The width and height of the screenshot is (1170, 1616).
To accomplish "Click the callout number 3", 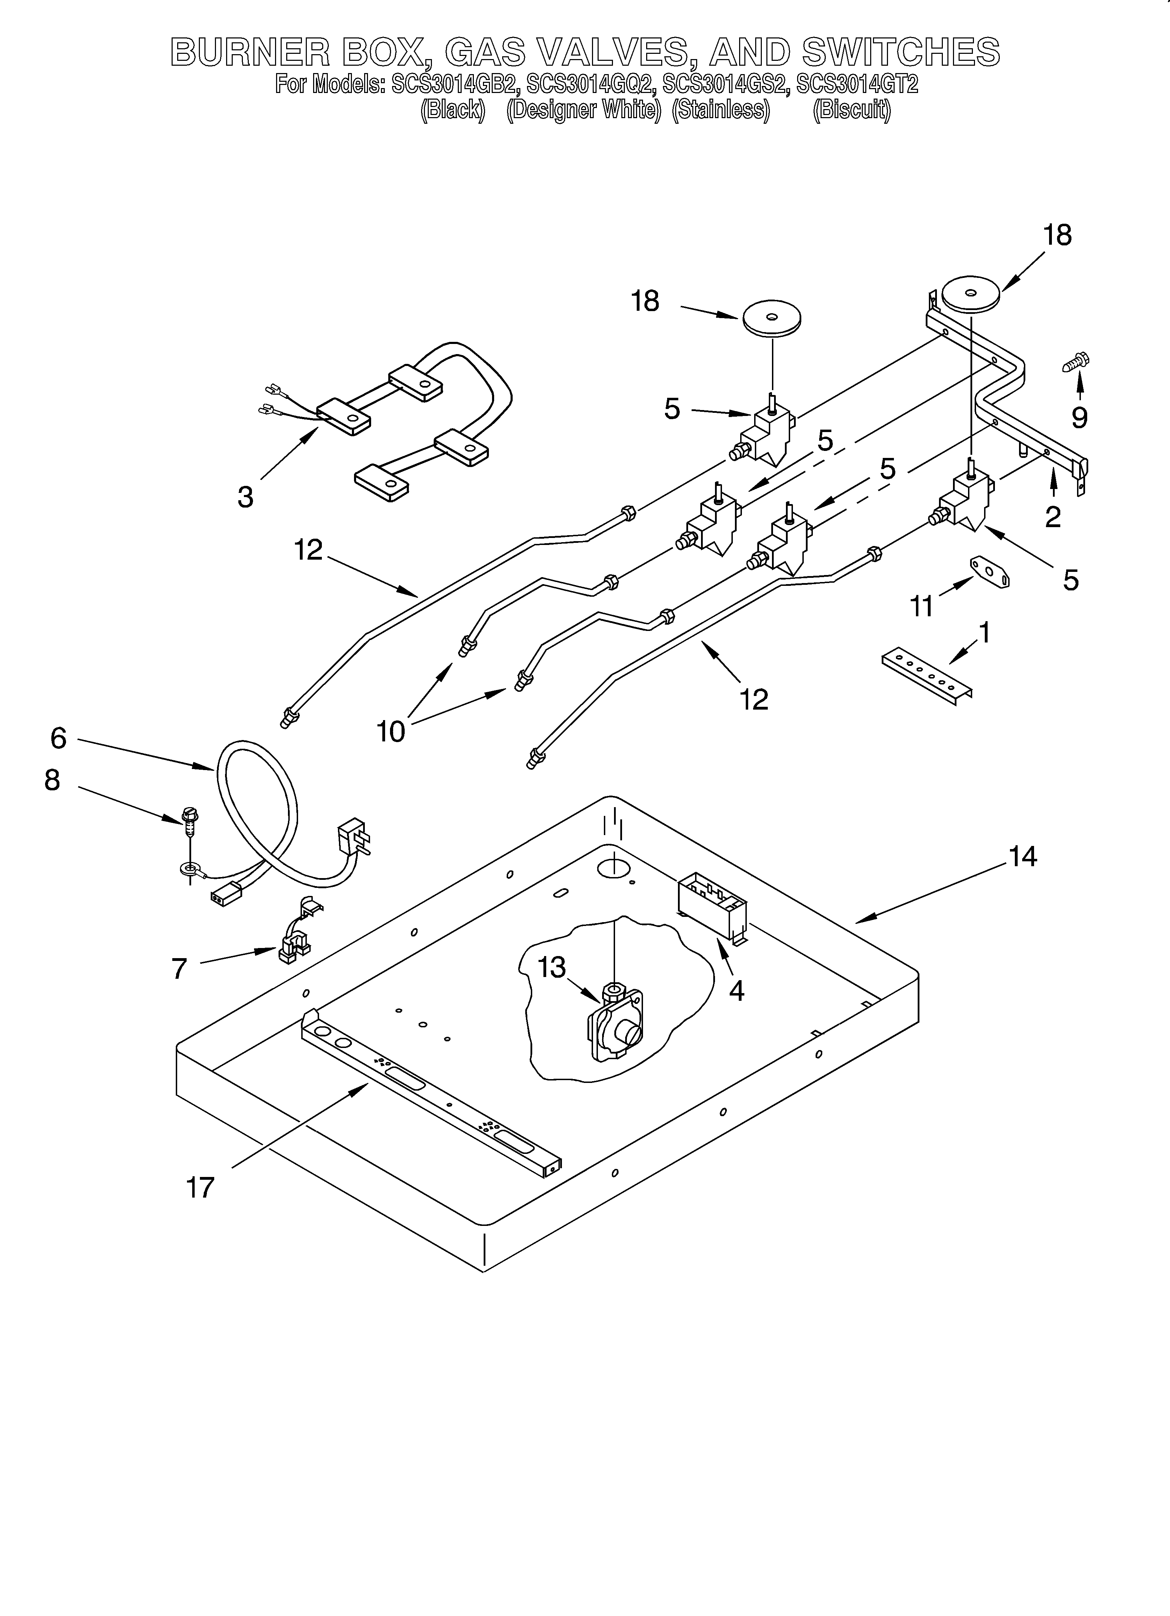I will pos(245,497).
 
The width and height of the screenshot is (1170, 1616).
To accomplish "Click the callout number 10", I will pos(390,731).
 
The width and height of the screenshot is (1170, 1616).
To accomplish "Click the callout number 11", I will pos(922,606).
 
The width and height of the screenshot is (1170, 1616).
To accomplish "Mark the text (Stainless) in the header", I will pos(721,110).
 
